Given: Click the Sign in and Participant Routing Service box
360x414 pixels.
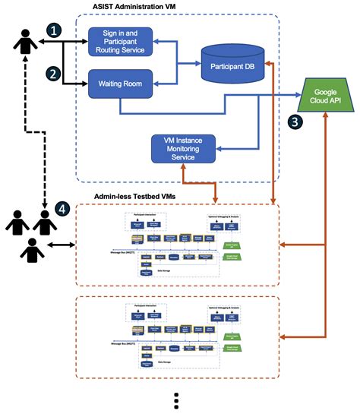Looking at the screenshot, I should (122, 41).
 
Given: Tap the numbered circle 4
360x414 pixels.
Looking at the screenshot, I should (65, 207).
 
